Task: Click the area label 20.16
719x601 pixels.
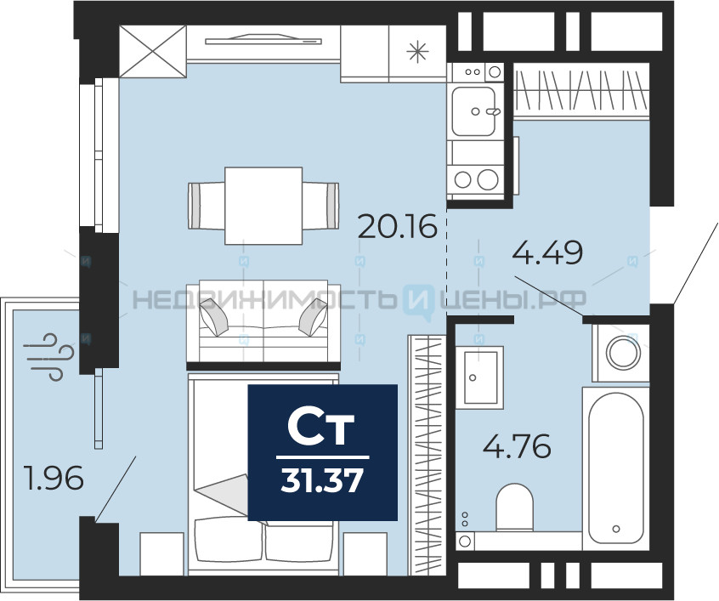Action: (397, 226)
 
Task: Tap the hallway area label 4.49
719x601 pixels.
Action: (547, 252)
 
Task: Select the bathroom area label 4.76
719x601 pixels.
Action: (517, 446)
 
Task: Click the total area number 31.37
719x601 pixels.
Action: (322, 481)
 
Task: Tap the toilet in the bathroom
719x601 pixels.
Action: (514, 507)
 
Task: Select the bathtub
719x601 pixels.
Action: (616, 468)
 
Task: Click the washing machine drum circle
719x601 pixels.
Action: (623, 352)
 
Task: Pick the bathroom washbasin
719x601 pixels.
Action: (479, 377)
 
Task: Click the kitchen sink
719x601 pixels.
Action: (473, 111)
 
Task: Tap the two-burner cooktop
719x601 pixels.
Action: (475, 179)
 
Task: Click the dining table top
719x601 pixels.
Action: (263, 206)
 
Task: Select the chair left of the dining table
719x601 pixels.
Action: (207, 206)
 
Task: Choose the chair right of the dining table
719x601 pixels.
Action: (320, 206)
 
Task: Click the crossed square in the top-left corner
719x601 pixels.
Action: (153, 51)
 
